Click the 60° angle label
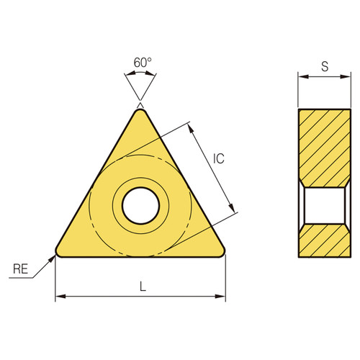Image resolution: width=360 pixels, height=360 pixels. point(143,62)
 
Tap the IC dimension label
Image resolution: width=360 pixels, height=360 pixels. point(220,160)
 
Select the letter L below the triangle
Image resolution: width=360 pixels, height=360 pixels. point(143,286)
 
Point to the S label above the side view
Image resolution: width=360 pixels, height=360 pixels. point(325,67)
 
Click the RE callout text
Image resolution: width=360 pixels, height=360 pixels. point(22,271)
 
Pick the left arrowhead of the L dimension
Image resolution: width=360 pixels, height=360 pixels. point(59,296)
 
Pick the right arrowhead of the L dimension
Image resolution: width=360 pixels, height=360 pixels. point(222,296)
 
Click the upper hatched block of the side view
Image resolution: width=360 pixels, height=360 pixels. point(324,147)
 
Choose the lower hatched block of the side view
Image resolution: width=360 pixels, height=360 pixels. point(324,240)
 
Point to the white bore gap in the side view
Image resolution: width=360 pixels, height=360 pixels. point(324,205)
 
